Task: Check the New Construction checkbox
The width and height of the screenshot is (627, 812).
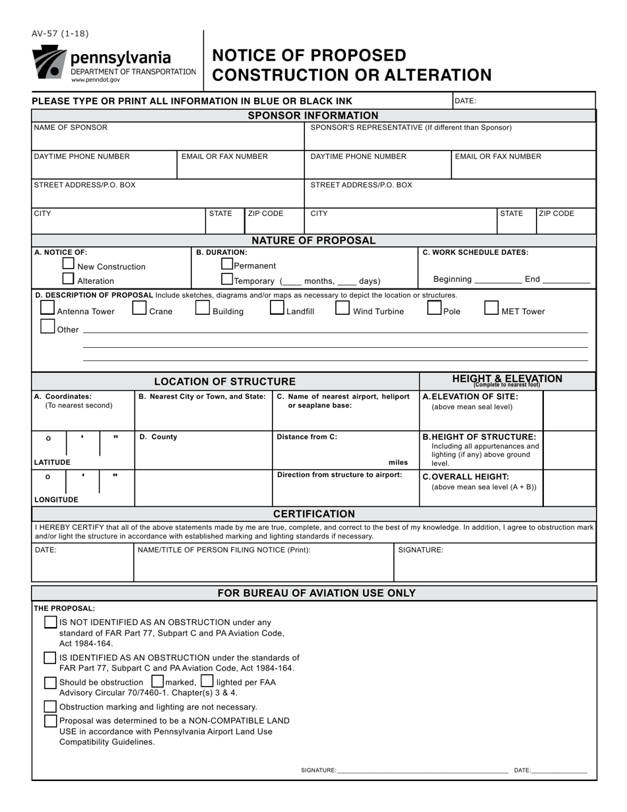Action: click(x=68, y=263)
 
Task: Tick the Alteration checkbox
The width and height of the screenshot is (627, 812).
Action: click(x=68, y=278)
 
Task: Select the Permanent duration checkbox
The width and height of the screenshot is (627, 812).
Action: click(x=227, y=263)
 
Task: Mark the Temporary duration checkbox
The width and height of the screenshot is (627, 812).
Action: click(x=227, y=279)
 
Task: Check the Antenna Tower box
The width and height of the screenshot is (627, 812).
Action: click(x=48, y=308)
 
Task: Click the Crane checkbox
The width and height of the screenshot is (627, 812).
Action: click(x=139, y=308)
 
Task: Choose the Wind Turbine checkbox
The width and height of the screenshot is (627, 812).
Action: click(x=343, y=308)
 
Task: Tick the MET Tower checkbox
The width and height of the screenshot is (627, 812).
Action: click(x=492, y=308)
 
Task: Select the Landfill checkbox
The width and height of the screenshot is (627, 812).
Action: click(x=277, y=308)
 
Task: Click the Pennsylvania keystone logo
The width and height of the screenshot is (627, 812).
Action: click(x=49, y=62)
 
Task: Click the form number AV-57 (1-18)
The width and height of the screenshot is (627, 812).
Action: click(x=59, y=34)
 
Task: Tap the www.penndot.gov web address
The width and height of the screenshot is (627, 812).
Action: click(x=96, y=79)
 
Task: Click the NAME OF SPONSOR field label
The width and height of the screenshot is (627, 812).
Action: click(x=71, y=127)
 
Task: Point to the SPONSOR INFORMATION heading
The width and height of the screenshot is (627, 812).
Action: click(x=313, y=116)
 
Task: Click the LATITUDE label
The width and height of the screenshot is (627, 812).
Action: click(x=52, y=462)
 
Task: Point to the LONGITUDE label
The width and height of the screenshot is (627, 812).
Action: click(x=56, y=500)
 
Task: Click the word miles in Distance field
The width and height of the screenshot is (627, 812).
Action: click(x=398, y=462)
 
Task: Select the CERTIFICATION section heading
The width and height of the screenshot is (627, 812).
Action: click(x=313, y=514)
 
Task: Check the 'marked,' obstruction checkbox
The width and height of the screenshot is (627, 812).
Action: click(x=158, y=681)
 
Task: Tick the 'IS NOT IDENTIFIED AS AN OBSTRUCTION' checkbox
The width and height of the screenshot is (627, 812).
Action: click(x=50, y=622)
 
